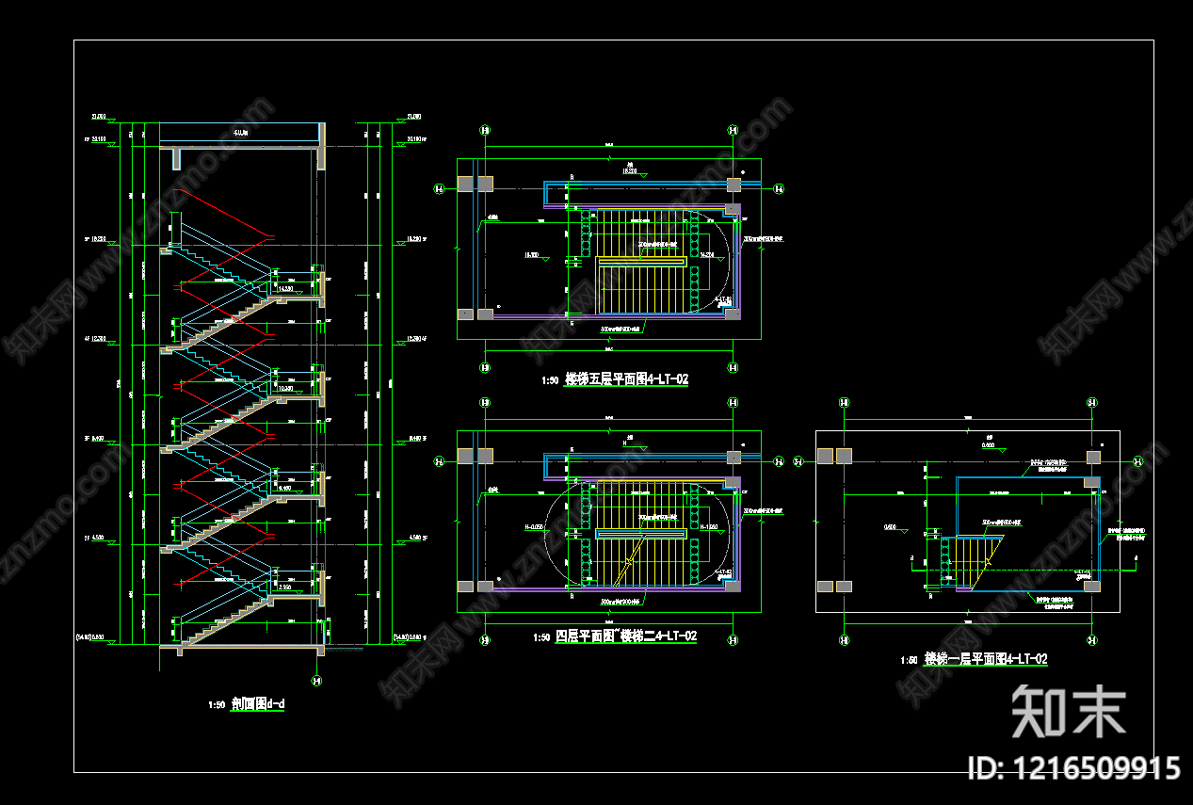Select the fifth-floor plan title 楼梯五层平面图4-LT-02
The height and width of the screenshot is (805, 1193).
point(626,380)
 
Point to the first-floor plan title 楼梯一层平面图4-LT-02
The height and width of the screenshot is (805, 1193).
point(986,659)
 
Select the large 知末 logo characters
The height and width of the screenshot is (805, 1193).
point(1069,711)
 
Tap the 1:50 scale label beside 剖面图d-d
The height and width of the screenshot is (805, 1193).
point(217,704)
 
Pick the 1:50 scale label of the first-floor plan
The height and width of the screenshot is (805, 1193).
point(909,660)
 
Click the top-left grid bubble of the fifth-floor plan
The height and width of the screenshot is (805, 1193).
point(485,131)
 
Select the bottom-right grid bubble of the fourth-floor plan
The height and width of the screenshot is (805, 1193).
point(733,641)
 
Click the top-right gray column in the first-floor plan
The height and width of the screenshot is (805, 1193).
point(1092,457)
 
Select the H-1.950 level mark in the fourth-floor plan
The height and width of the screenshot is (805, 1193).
point(710,527)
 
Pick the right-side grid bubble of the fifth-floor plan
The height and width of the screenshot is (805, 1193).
point(779,189)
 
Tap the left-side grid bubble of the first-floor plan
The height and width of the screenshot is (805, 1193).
point(798,461)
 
